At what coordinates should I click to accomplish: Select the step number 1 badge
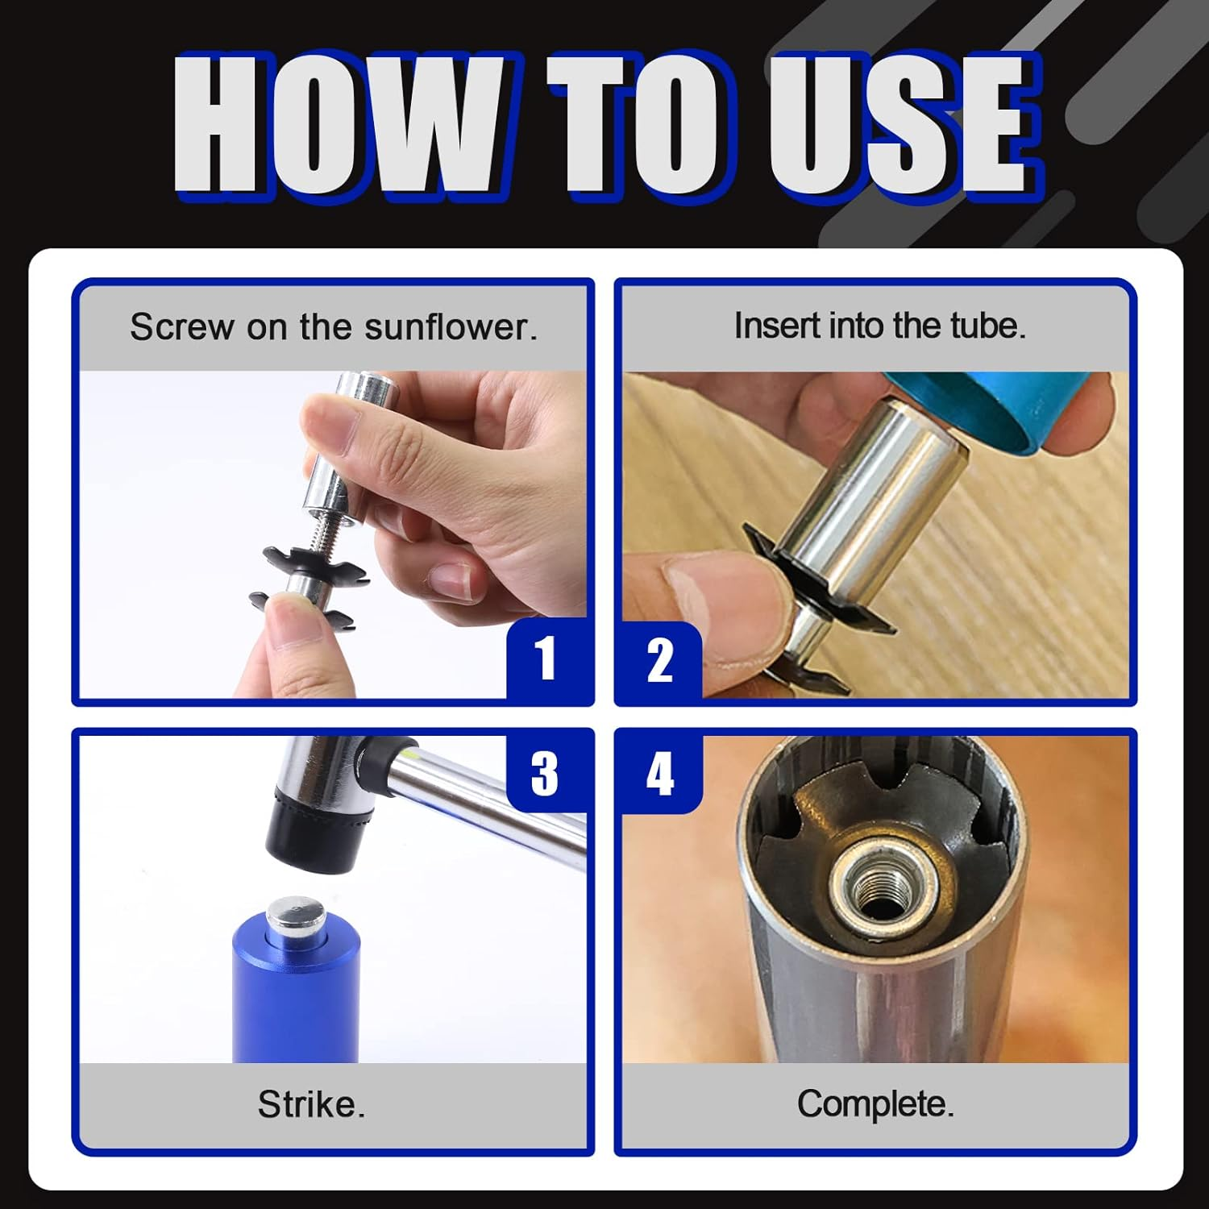coord(546,659)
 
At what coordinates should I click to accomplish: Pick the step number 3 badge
coord(545,772)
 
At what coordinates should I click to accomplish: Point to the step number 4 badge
coord(660,772)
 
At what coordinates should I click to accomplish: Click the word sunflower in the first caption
coord(449,326)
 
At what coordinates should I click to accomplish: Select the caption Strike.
coord(311,1103)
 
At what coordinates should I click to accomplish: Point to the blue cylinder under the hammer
coord(296,999)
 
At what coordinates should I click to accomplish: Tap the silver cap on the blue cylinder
coord(296,916)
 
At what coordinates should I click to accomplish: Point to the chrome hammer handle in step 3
coord(492,798)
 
